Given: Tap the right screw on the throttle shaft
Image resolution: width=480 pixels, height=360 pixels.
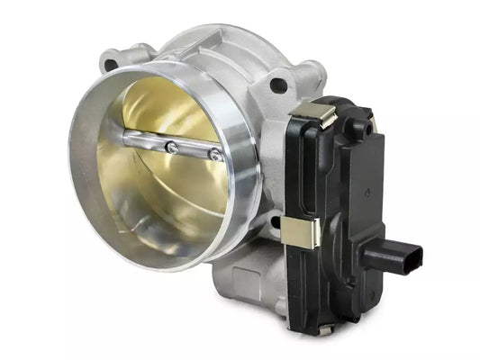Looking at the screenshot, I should [215, 155].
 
